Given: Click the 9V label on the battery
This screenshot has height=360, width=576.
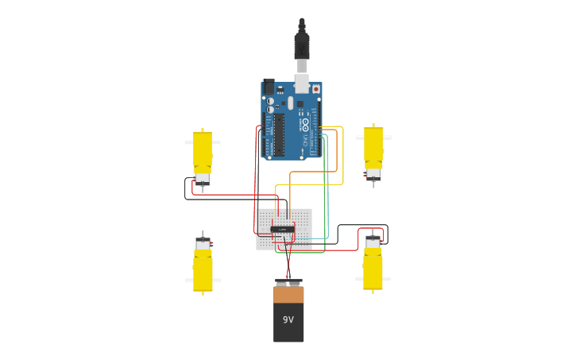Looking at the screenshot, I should coord(288,319).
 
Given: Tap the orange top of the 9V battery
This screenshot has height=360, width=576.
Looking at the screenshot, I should coord(288,294).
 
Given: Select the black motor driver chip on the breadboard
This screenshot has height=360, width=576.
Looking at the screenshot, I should coord(283,229).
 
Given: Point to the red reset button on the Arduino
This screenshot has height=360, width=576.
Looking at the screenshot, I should coord(315,89).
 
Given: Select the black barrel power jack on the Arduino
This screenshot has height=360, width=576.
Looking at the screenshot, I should coord(269,87).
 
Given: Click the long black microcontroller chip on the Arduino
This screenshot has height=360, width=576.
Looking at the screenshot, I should coord(279,135).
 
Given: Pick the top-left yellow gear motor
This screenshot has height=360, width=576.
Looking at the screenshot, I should coord(203,151).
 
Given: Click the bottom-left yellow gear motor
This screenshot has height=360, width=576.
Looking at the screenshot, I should coord(203,270).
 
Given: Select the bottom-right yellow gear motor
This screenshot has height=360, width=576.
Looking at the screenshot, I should coord(373,270).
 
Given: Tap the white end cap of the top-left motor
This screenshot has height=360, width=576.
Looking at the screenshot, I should coord(203,178).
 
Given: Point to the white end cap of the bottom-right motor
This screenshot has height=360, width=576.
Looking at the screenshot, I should coord(373,242).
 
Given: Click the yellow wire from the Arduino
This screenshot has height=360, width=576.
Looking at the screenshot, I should coord(342,159).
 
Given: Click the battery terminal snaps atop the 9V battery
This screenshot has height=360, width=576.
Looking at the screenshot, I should coord(288,282).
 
